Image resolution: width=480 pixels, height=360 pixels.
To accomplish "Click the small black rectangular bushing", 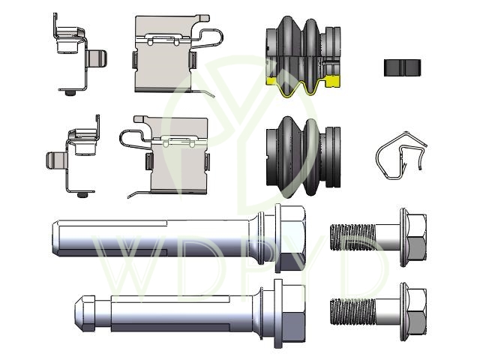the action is (x=402, y=67).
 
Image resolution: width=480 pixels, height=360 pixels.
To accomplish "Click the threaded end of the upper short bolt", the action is (x=352, y=237).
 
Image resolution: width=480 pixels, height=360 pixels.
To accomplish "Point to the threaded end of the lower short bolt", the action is (x=352, y=312).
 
